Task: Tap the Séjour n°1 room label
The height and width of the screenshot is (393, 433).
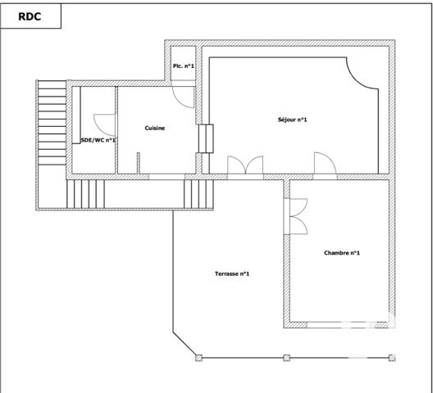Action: [x=292, y=120]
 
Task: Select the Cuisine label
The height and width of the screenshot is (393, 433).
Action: [x=155, y=128]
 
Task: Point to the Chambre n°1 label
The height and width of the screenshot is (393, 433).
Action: [x=342, y=253]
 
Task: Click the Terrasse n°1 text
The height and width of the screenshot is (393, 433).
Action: [x=232, y=273]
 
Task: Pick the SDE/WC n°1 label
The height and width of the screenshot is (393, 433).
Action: [x=98, y=140]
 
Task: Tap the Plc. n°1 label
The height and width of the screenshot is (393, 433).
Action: [x=183, y=66]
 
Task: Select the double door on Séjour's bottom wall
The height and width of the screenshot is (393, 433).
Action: [x=245, y=165]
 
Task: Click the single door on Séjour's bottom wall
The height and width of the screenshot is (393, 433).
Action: [x=326, y=166]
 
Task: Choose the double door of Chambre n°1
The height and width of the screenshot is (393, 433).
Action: [x=296, y=216]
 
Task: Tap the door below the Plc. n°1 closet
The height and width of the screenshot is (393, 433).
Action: [x=185, y=96]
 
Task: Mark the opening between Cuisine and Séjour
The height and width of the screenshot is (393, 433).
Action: [x=205, y=138]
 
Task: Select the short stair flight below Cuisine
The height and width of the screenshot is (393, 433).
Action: [x=198, y=194]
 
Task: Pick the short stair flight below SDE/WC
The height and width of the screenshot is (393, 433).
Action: [x=82, y=194]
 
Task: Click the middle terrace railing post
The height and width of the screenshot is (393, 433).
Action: [x=286, y=357]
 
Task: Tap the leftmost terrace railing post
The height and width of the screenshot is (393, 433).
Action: [x=198, y=357]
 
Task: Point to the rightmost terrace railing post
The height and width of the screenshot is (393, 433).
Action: [x=392, y=357]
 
